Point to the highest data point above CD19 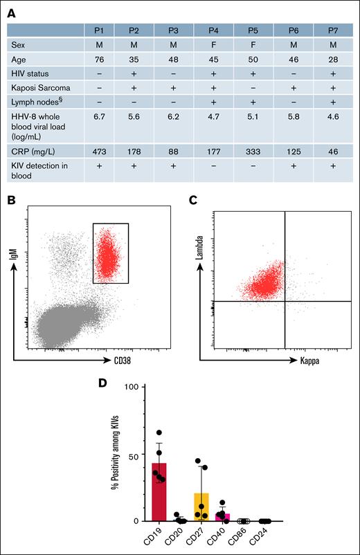coord(160,433)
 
